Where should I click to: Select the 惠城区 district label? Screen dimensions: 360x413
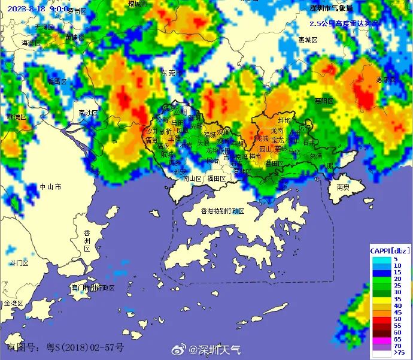click(x=307, y=40)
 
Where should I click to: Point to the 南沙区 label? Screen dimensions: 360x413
click(x=88, y=113)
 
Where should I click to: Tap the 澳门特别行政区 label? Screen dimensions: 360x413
click(x=92, y=288)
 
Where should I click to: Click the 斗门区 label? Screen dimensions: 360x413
click(x=19, y=263)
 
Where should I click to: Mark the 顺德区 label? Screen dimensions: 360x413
click(x=16, y=117)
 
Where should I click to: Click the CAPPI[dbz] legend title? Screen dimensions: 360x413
click(x=389, y=250)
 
